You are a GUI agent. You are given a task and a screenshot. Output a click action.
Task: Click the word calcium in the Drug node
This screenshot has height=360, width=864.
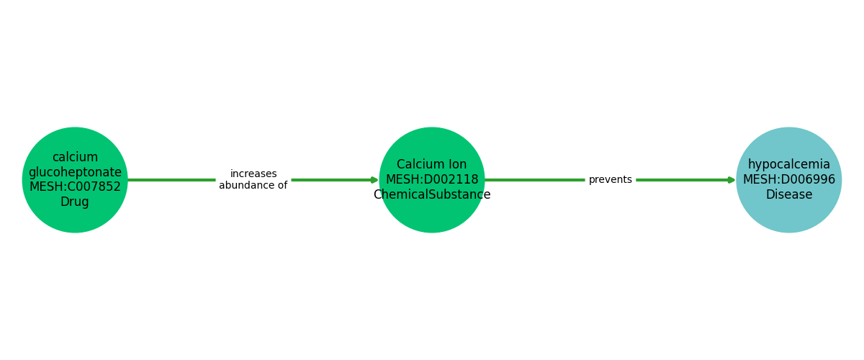75,157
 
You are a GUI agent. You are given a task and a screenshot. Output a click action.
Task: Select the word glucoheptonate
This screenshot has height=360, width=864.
75,172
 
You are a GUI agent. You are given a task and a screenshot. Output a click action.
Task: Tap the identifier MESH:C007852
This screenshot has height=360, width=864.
75,186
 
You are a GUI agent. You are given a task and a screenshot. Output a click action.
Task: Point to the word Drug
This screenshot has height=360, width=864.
75,202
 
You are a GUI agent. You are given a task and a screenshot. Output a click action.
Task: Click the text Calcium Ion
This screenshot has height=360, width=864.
431,164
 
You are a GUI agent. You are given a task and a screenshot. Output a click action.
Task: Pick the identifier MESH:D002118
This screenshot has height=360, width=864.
432,179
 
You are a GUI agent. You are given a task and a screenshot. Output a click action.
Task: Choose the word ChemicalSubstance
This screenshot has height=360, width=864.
432,194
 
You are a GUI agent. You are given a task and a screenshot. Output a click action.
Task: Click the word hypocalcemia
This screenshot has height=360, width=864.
789,164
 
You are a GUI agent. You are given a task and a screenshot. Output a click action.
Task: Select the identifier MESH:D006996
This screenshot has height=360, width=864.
789,179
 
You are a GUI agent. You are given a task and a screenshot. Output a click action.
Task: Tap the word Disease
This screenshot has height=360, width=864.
789,194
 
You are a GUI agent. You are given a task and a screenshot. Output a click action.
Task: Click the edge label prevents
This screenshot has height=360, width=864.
611,180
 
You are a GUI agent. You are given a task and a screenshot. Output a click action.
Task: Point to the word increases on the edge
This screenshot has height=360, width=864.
253,174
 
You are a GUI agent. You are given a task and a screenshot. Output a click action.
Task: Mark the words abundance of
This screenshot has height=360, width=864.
253,185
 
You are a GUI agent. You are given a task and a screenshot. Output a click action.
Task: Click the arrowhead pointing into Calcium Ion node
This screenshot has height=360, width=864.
374,180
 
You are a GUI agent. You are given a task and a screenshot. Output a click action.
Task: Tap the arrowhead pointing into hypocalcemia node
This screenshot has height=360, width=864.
732,180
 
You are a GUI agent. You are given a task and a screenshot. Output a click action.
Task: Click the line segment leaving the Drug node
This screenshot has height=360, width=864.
171,180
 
